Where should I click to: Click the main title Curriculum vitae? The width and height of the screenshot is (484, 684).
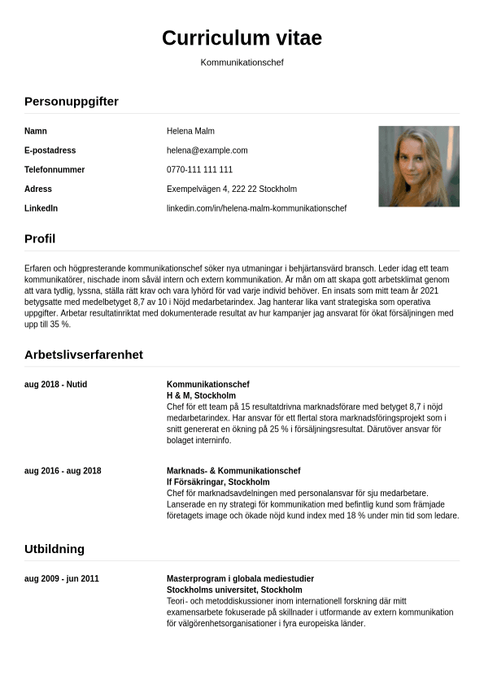[x=242, y=37]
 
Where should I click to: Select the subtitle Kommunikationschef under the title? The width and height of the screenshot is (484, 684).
[x=242, y=63]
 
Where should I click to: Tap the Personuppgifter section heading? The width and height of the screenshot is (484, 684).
[x=72, y=102]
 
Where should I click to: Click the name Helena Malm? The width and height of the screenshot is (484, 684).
[x=190, y=131]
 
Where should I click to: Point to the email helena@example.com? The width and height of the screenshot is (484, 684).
[x=207, y=150]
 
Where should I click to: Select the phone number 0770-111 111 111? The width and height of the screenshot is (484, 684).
[x=199, y=170]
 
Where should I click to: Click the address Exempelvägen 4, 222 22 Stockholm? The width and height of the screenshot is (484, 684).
[x=231, y=189]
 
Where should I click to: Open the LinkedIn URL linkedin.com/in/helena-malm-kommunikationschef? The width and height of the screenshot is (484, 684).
[x=256, y=208]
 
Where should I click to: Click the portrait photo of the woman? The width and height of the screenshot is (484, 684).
[x=418, y=166]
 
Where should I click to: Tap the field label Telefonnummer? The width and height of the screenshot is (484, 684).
[x=55, y=170]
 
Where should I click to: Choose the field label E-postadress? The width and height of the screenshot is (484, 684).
[x=50, y=150]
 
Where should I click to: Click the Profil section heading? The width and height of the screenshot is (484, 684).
[x=40, y=239]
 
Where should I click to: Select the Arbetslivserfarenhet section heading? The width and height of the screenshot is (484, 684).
[x=84, y=355]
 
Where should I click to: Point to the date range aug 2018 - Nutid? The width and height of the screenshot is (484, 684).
[x=55, y=384]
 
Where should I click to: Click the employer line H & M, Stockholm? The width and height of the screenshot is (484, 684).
[x=201, y=395]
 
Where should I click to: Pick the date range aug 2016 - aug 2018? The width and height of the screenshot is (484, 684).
[x=63, y=471]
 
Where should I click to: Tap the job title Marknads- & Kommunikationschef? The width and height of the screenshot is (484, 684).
[x=233, y=471]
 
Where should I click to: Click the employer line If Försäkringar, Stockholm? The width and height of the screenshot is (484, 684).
[x=218, y=482]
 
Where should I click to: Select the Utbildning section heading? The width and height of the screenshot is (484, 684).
[x=55, y=549]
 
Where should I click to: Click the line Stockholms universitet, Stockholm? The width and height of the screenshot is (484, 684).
[x=234, y=590]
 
